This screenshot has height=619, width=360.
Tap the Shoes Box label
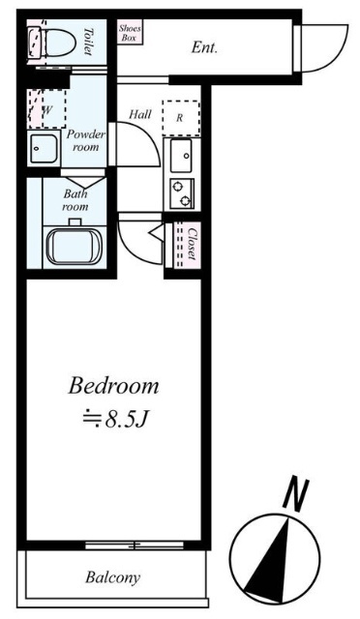(130, 33)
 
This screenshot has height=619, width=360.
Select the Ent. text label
(205, 47)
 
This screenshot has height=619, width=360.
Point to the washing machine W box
(46, 108)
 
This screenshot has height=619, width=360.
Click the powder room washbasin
(44, 148)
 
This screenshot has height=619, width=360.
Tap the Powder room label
(85, 140)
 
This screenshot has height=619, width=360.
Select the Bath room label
(75, 200)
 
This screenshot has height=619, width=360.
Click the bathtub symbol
(74, 248)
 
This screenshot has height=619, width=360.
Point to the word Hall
(140, 114)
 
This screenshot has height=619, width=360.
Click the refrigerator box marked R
(181, 118)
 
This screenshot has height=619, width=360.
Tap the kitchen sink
(181, 156)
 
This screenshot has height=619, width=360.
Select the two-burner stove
(182, 193)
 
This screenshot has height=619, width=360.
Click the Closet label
(192, 243)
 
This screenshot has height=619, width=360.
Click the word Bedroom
(113, 386)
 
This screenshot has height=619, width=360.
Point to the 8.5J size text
(115, 421)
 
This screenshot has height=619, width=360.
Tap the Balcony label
(112, 577)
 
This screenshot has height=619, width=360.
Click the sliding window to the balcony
(135, 545)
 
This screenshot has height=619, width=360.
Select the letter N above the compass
(295, 493)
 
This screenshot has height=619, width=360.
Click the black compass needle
(269, 561)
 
